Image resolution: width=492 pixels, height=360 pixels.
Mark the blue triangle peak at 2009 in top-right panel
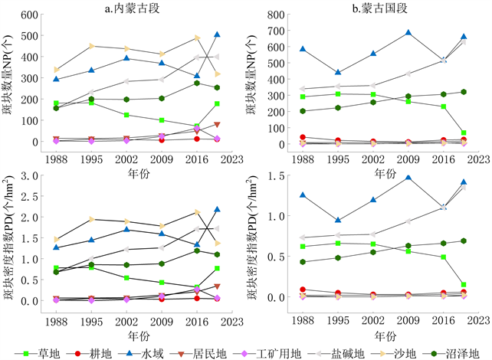[x=408, y=33]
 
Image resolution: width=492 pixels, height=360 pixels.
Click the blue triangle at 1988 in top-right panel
[x=304, y=49]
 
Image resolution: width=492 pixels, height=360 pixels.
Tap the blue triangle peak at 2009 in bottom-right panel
[x=408, y=178]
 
